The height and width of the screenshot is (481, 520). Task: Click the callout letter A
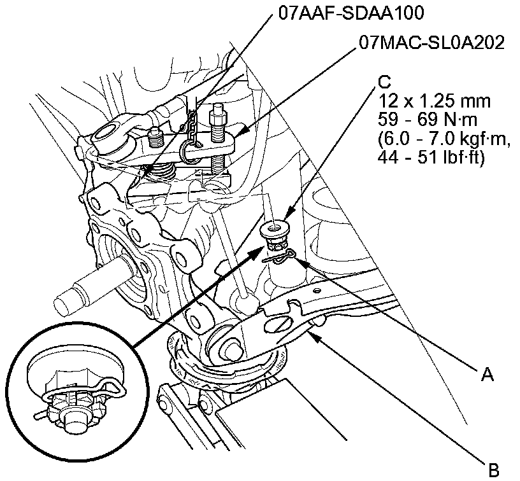click(487, 375)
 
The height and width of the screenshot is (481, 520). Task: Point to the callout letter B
click(493, 471)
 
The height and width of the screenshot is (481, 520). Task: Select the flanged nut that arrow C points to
click(275, 227)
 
